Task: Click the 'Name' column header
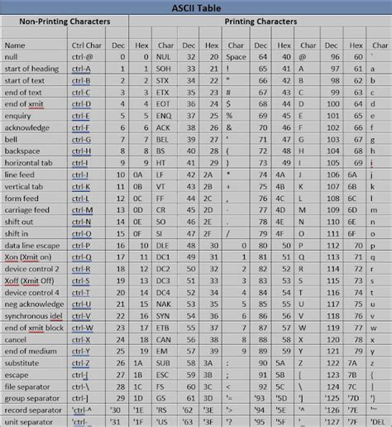click(x=15, y=45)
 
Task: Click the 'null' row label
click(x=12, y=57)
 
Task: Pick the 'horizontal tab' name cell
click(x=29, y=163)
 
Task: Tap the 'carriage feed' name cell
click(x=27, y=210)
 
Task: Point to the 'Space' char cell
click(x=235, y=57)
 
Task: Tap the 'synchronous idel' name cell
click(x=34, y=315)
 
